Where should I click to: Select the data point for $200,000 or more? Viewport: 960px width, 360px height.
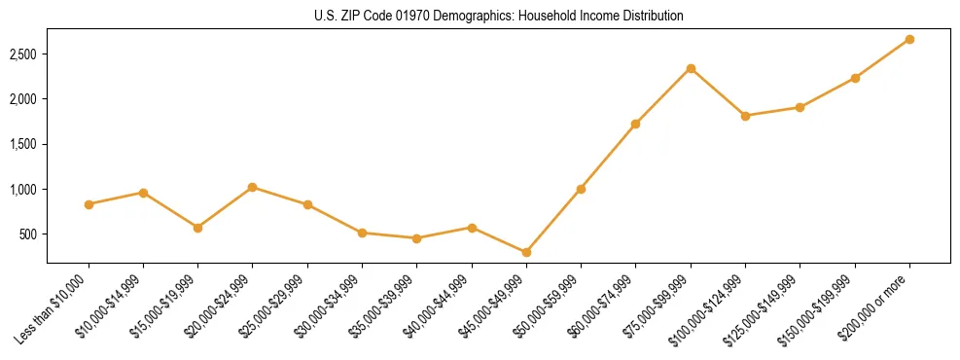909,39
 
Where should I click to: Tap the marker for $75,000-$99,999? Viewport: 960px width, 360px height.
691,68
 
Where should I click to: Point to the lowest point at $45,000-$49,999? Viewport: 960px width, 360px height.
526,252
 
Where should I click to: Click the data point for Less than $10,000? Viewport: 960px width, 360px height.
89,204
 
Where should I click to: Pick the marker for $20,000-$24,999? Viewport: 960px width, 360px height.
253,187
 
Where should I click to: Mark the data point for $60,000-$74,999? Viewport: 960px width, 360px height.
636,124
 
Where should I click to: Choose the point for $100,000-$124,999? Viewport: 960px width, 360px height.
745,116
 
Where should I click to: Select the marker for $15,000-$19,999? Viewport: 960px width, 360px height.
198,228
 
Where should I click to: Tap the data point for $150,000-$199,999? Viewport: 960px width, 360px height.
855,78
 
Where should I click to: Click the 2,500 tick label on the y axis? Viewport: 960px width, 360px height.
21,54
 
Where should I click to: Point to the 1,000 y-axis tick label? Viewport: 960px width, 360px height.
21,189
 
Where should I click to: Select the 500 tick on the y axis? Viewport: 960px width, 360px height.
27,234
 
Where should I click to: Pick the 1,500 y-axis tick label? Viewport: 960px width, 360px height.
21,144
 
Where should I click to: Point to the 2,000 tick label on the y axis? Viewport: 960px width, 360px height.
21,98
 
